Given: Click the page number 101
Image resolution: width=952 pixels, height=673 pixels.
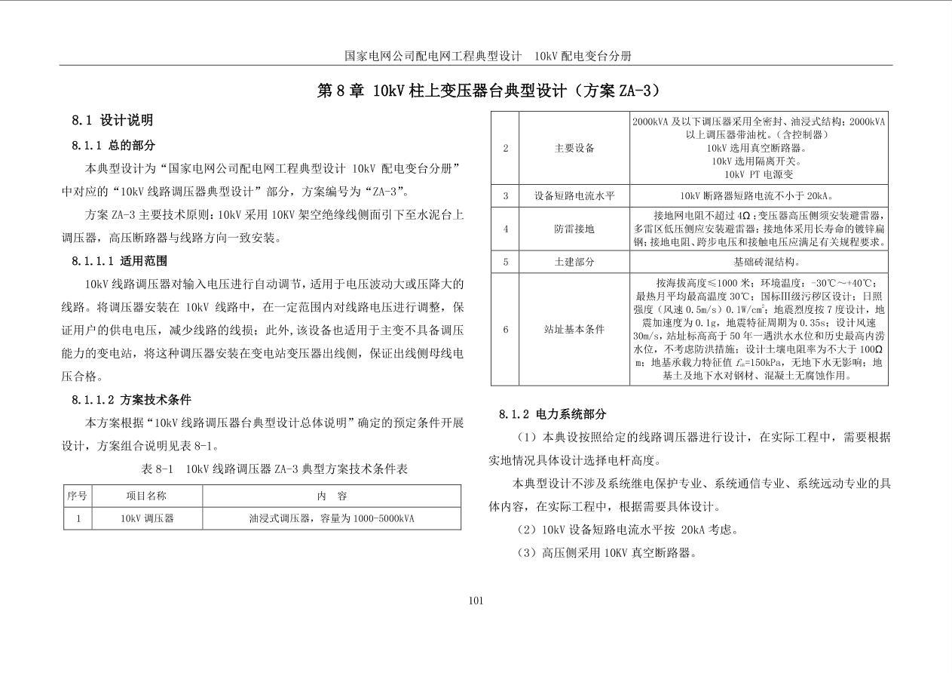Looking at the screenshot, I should [476, 601].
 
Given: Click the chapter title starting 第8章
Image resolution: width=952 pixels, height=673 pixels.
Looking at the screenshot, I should [488, 91].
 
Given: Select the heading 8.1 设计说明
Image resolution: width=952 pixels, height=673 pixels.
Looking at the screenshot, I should [112, 120].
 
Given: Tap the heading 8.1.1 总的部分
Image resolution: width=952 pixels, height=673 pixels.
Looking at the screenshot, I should [114, 145].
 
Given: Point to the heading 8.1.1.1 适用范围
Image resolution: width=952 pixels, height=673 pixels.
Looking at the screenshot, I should [120, 261].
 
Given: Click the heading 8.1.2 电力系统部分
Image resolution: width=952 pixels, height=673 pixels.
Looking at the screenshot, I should [553, 414].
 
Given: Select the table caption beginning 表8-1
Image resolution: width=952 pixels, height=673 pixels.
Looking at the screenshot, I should [274, 469].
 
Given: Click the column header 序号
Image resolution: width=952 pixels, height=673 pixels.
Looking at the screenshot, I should [77, 496].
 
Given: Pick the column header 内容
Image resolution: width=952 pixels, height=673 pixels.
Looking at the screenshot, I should [332, 496].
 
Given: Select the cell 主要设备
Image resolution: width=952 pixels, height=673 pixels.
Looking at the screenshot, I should [574, 148].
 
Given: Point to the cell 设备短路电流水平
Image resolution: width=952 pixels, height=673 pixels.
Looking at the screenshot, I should [574, 196].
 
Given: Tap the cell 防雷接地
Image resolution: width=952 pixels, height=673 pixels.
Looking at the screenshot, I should [574, 229].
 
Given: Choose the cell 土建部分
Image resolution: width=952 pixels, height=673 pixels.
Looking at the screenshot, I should [574, 262].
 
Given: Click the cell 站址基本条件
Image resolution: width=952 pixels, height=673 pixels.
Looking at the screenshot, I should [574, 330].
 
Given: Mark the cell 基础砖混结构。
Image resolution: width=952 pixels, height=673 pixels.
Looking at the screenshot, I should [758, 262].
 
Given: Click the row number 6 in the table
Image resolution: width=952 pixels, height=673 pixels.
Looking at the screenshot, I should [506, 330].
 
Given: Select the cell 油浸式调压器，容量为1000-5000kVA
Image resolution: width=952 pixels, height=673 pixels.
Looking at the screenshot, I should [332, 519].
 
